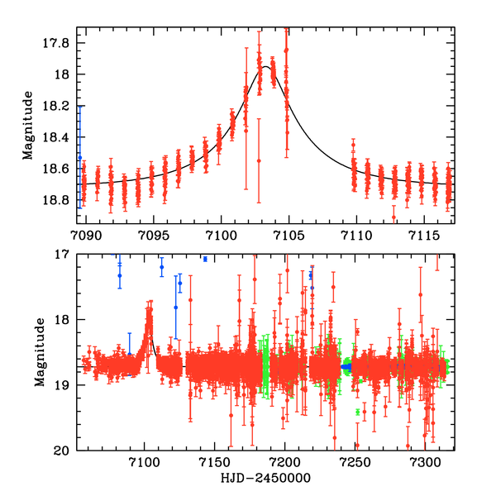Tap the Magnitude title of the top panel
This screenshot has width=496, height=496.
(x=28, y=125)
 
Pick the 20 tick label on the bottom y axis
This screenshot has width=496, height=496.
(x=64, y=451)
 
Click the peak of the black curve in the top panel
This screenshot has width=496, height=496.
(x=266, y=67)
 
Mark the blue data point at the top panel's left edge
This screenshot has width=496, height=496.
(x=80, y=156)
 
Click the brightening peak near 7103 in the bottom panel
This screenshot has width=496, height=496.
(x=150, y=311)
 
